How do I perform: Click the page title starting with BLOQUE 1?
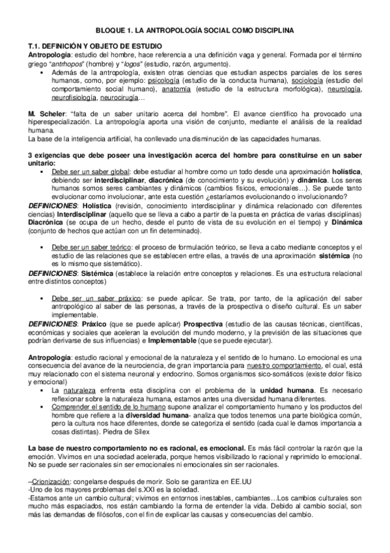[195, 30]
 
